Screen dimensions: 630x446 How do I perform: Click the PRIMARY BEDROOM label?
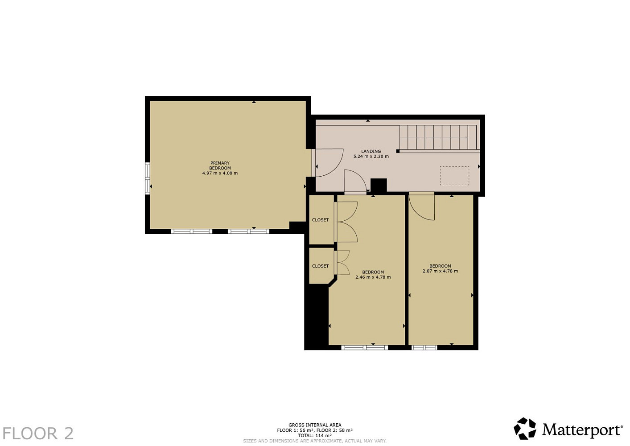[x=220, y=165]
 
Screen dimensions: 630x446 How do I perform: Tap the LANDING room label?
[x=371, y=151]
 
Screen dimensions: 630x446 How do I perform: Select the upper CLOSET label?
[x=320, y=220]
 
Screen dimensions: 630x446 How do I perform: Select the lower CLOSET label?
[x=320, y=266]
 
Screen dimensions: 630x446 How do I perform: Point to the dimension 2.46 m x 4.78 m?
[x=373, y=277]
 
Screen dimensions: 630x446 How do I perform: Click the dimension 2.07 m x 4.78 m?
[x=440, y=271]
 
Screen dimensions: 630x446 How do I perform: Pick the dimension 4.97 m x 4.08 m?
[x=220, y=173]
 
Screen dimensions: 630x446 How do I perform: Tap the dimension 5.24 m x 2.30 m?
[x=371, y=157]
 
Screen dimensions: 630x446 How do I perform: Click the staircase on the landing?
[x=438, y=137]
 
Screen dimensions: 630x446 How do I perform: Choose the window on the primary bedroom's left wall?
[x=148, y=178]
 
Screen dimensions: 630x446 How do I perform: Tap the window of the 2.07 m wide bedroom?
[x=424, y=347]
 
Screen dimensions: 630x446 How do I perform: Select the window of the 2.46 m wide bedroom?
[x=365, y=347]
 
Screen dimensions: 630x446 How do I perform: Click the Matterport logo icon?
[x=525, y=429]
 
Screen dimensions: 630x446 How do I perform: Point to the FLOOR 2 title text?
[x=38, y=434]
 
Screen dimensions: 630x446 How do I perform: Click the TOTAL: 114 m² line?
[x=315, y=436]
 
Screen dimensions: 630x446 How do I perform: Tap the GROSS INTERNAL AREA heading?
[x=315, y=425]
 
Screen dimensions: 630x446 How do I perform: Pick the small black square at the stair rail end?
[x=398, y=151]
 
